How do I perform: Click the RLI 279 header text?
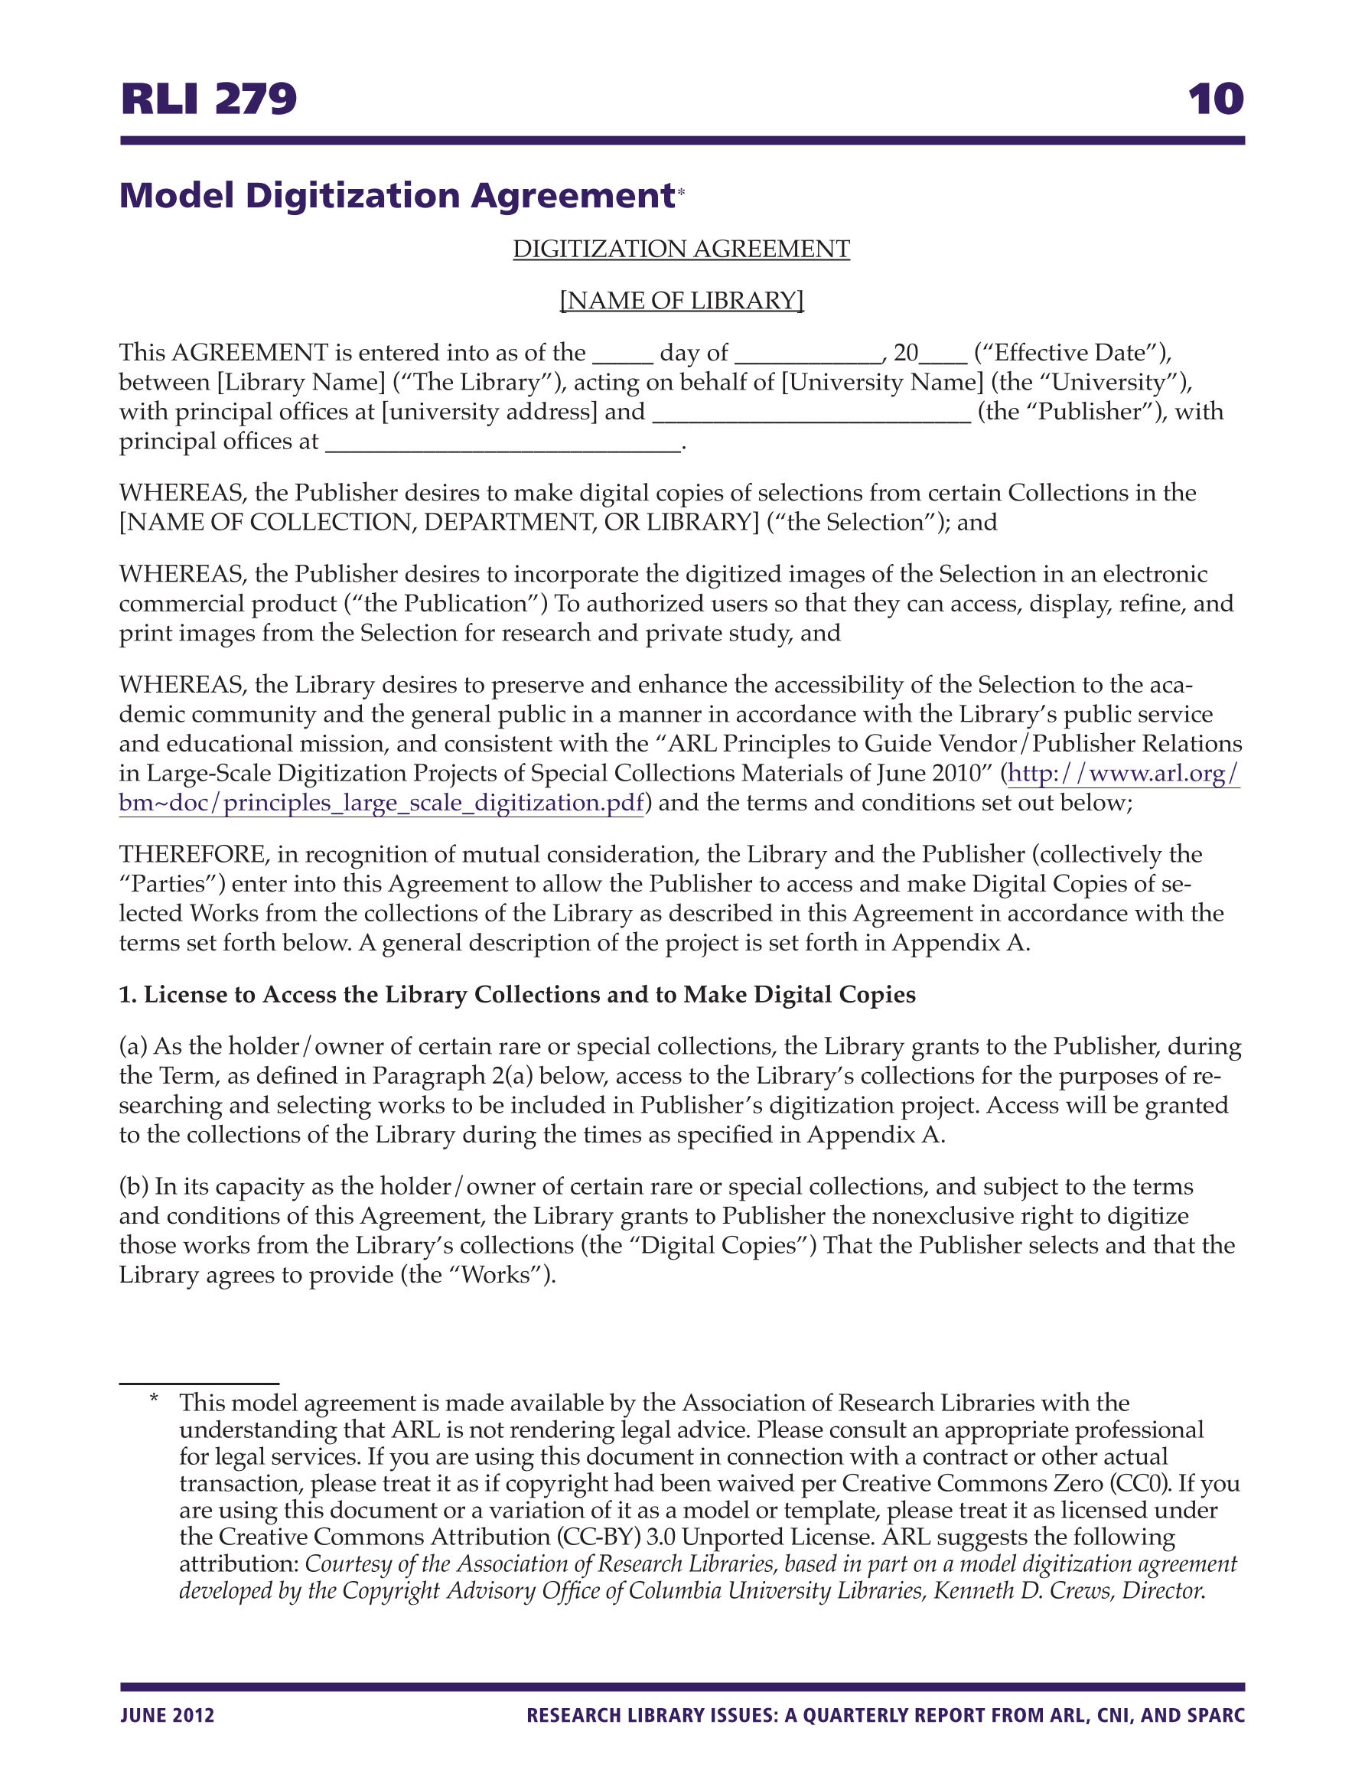coord(209,99)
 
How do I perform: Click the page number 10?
coord(1215,99)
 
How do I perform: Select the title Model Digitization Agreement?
coord(396,196)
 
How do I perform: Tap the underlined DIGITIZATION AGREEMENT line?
coord(681,249)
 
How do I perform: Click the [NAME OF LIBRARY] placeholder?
coord(681,301)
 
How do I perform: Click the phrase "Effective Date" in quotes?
coord(1070,353)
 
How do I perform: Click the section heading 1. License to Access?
coord(517,994)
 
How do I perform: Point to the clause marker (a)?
coord(133,1046)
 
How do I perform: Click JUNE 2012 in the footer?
coord(168,1715)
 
